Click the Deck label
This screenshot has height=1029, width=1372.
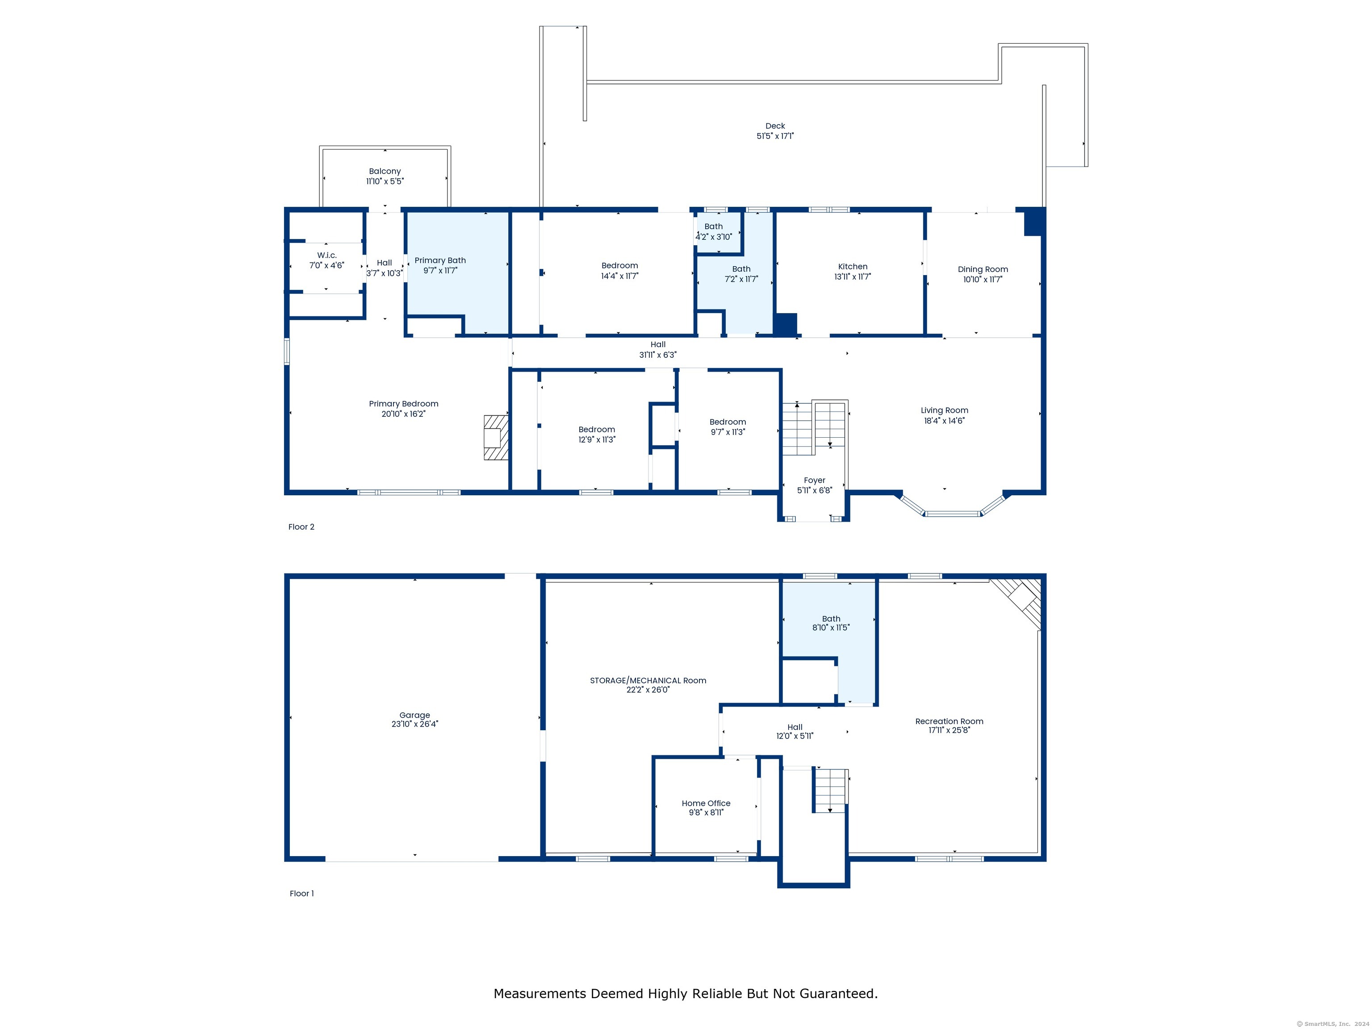pos(775,126)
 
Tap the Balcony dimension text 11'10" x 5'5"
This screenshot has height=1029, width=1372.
pos(385,181)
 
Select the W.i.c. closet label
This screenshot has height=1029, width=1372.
pos(327,255)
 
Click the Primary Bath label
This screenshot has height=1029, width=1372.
pos(440,260)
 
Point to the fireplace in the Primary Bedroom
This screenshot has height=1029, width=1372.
pos(496,437)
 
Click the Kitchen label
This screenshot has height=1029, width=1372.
pos(852,267)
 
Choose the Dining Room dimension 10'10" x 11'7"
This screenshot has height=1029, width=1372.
pos(983,280)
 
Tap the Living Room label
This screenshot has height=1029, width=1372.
pos(944,410)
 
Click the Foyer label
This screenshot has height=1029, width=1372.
pos(814,480)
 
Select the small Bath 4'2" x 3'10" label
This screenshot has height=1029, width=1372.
pos(713,226)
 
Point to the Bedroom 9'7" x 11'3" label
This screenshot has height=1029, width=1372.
pos(728,422)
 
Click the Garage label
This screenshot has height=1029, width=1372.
pos(414,715)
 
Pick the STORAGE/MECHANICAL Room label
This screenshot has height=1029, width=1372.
pos(648,681)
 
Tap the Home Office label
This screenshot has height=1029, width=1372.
pos(706,803)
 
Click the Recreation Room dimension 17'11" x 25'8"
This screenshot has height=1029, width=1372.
pos(949,730)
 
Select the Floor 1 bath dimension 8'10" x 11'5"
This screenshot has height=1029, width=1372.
pos(831,627)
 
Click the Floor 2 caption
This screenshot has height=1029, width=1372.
pos(301,527)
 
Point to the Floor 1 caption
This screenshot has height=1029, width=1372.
pos(301,893)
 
